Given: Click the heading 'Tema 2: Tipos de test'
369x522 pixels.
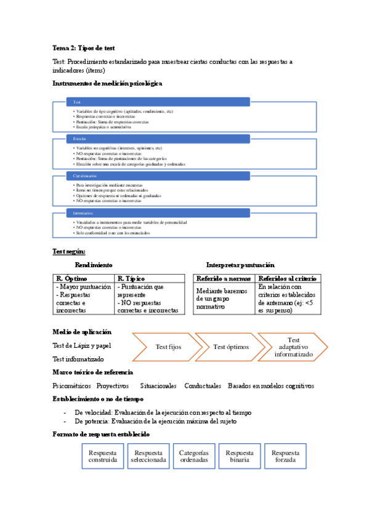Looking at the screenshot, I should click(x=83, y=47).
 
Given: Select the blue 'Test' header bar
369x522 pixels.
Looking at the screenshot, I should click(x=158, y=102).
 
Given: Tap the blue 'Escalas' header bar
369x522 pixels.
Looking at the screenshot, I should click(x=158, y=139).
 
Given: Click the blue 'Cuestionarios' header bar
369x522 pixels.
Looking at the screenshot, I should click(x=158, y=176).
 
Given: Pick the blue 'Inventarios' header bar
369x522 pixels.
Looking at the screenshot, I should click(x=158, y=213).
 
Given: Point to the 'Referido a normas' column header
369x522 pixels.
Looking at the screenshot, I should click(x=224, y=278).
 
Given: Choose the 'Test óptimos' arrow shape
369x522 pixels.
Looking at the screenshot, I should click(x=229, y=347).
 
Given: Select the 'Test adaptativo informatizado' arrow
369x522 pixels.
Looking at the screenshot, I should click(x=293, y=347).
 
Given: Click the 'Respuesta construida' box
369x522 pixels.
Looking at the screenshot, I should click(x=102, y=456).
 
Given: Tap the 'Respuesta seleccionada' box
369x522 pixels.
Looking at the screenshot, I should click(x=148, y=456).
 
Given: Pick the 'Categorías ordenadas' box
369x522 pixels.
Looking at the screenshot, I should click(x=194, y=456).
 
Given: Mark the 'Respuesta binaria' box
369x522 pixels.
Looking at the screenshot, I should click(x=240, y=456).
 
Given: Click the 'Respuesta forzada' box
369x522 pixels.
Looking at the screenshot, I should click(x=285, y=456).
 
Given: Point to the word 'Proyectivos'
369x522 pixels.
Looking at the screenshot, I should click(x=113, y=385).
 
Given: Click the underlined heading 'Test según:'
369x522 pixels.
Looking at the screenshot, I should click(x=69, y=251).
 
